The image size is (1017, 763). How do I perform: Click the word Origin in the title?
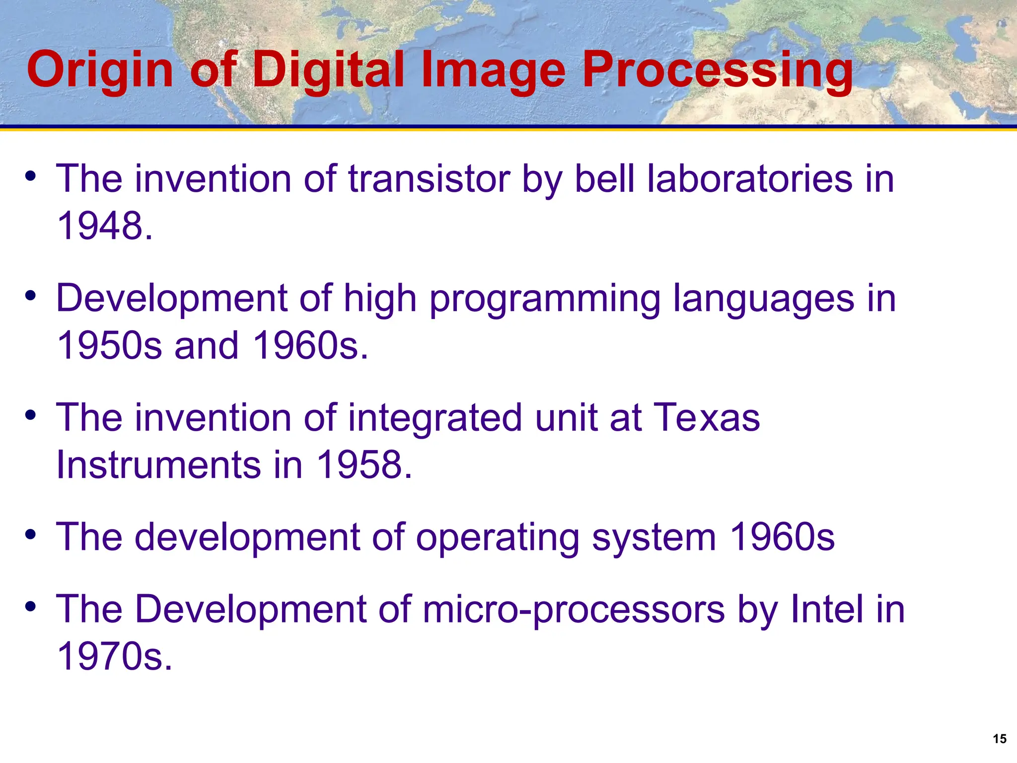[x=99, y=71]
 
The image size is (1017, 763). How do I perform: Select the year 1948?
[x=104, y=226]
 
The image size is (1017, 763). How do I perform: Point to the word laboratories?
[x=750, y=179]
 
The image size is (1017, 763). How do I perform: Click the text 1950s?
[x=109, y=346]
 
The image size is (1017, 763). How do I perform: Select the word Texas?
[x=707, y=418]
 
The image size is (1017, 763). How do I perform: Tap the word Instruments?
[x=158, y=465]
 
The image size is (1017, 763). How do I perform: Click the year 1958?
[x=363, y=465]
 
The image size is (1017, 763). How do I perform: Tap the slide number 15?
[x=999, y=739]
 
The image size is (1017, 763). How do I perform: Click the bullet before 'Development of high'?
[x=31, y=296]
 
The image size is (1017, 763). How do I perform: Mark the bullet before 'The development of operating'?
[x=31, y=535]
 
